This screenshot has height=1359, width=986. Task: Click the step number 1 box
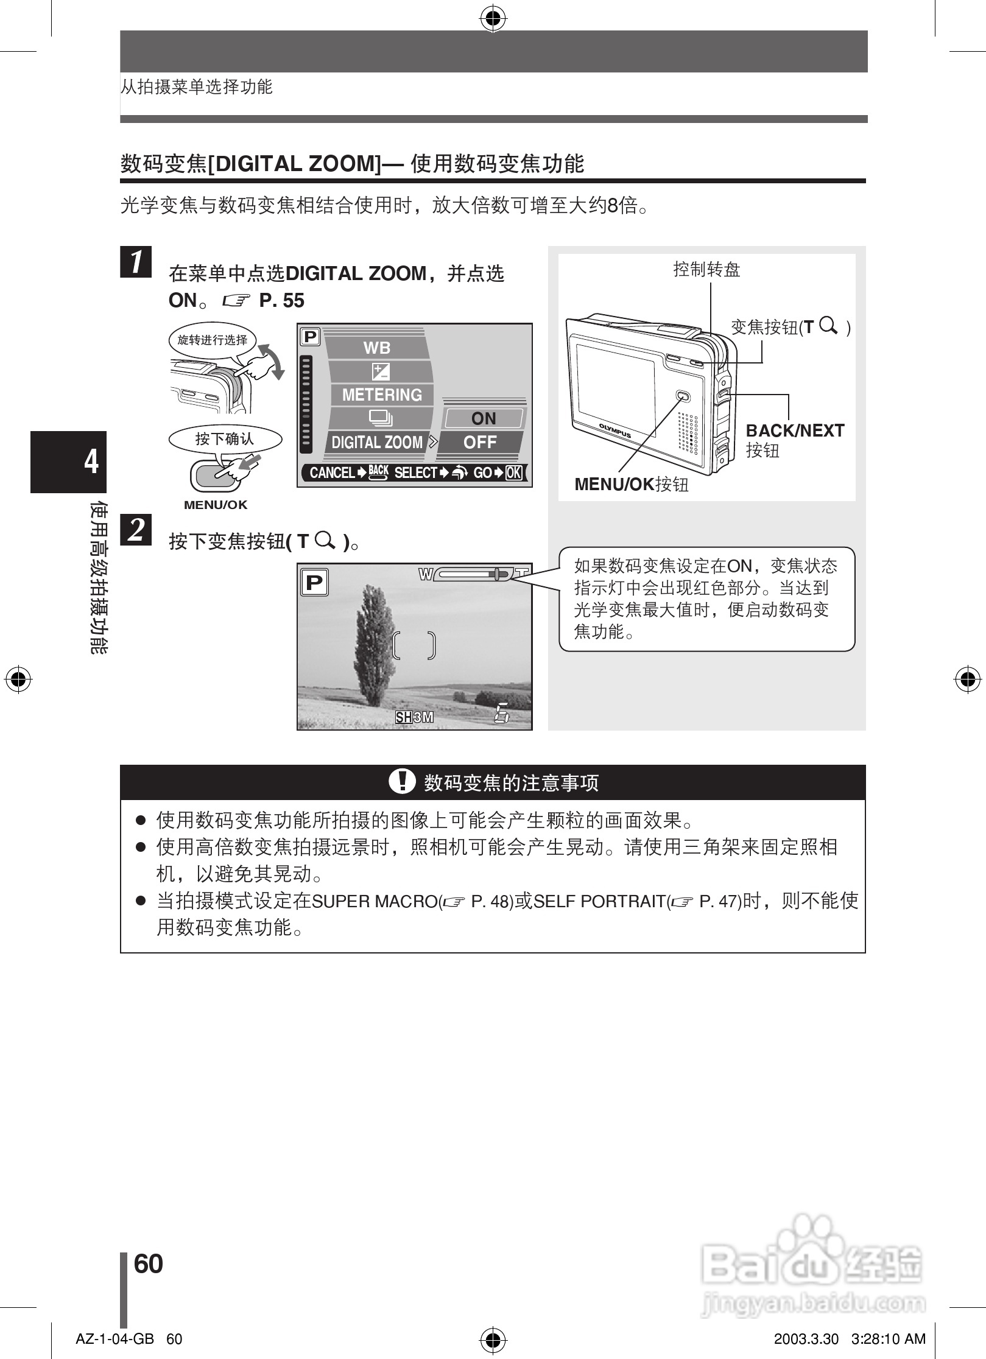(x=136, y=262)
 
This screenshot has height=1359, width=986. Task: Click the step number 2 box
(x=136, y=529)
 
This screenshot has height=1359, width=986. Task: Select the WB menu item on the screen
(x=376, y=348)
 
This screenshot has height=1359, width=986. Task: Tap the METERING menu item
(x=382, y=395)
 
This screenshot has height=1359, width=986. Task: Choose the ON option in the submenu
(x=484, y=419)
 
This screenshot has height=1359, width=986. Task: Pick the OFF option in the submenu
(x=480, y=443)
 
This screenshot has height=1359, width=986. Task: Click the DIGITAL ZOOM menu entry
(x=377, y=443)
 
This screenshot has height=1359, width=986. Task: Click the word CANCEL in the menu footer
(x=332, y=473)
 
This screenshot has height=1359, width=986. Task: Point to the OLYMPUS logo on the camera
(x=614, y=430)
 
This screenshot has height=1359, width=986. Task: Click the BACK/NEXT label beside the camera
(x=795, y=431)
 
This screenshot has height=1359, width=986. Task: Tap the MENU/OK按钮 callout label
(x=632, y=485)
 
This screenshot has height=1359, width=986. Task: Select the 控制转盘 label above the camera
(x=706, y=270)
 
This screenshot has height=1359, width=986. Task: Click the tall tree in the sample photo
(x=372, y=645)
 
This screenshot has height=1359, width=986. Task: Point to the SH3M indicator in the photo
(x=414, y=717)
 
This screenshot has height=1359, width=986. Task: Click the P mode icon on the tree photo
(x=314, y=583)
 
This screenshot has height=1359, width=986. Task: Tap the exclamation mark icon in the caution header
(x=401, y=781)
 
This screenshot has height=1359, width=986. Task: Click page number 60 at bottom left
(x=148, y=1264)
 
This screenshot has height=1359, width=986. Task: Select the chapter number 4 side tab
(x=91, y=462)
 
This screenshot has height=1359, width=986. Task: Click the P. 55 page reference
(x=281, y=301)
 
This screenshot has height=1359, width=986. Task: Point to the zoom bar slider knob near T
(x=498, y=574)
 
